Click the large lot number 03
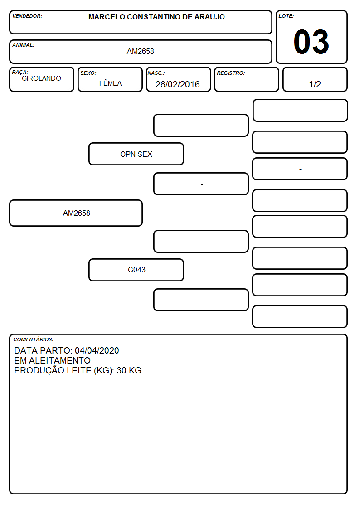(x=311, y=42)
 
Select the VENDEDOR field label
(x=27, y=16)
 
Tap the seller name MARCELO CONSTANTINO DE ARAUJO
(x=156, y=17)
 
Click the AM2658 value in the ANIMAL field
(x=140, y=51)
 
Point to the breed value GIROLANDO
(x=41, y=78)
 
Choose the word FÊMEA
(x=110, y=83)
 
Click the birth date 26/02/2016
(x=178, y=84)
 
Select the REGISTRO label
(x=231, y=73)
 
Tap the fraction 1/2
(x=315, y=84)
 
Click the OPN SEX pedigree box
(x=136, y=154)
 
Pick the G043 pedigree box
(x=136, y=270)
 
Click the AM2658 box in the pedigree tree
(x=76, y=213)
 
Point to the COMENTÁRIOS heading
(x=34, y=339)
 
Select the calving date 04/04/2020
(x=97, y=350)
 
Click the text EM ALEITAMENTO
(x=52, y=360)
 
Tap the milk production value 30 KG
(x=129, y=370)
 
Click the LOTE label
(x=286, y=16)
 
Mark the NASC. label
(x=156, y=73)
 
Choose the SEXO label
(x=88, y=73)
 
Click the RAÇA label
(x=20, y=72)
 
